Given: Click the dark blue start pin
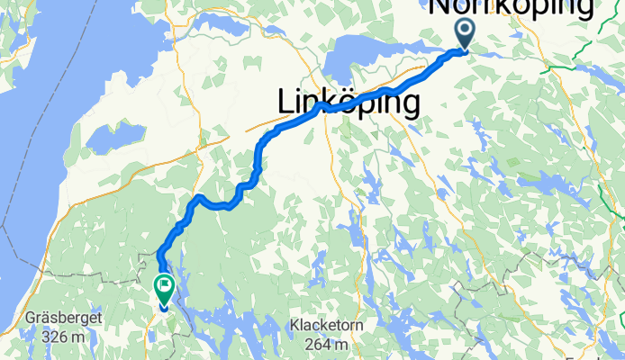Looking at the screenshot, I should coord(465,34).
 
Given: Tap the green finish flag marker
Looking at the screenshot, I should coord(165,289).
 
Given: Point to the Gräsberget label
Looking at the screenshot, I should coord(76,318).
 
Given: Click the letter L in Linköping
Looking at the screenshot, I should coord(287,103).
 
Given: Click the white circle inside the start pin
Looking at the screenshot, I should coord(465,29).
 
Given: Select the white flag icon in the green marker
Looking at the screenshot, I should coord(165,285).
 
